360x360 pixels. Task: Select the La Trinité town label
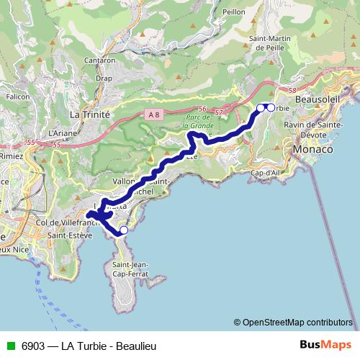point(89,114)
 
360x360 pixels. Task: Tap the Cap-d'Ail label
point(266,173)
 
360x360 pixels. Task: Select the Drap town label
point(104,78)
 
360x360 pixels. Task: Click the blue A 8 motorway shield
point(153,114)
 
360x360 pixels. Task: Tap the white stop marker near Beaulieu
point(123,230)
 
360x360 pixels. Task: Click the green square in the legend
point(9,346)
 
